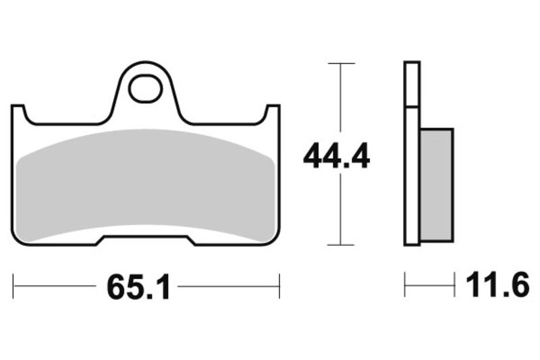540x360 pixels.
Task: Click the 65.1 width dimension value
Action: (136, 288)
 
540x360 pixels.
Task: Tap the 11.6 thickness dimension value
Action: (496, 286)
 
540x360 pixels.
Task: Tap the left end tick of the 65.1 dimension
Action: (14, 286)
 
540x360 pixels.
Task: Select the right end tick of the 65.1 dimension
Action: (279, 286)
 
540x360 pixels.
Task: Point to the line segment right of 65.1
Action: (228, 286)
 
